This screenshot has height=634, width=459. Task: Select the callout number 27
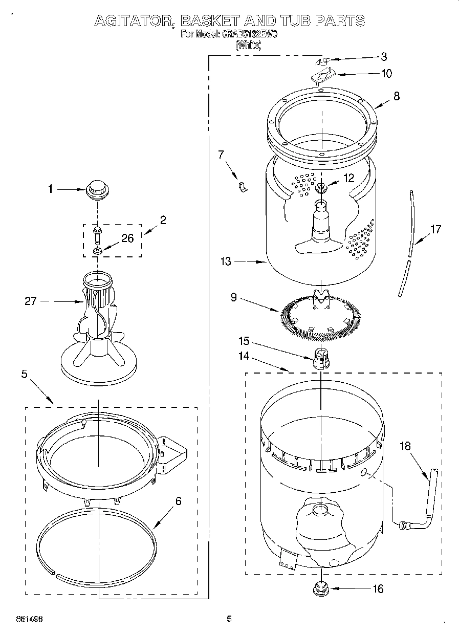tap(31, 301)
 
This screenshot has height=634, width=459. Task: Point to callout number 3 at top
tap(384, 56)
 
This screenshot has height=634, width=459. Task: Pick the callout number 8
tap(397, 95)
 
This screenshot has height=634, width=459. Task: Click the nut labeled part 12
tap(321, 188)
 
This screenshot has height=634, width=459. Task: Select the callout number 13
tap(226, 261)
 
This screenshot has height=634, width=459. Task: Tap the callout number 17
tap(435, 229)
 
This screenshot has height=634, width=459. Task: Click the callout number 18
tap(405, 446)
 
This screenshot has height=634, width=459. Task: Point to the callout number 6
tap(178, 501)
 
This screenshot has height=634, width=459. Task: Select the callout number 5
tap(24, 374)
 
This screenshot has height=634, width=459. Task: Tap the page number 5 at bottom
tap(229, 619)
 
